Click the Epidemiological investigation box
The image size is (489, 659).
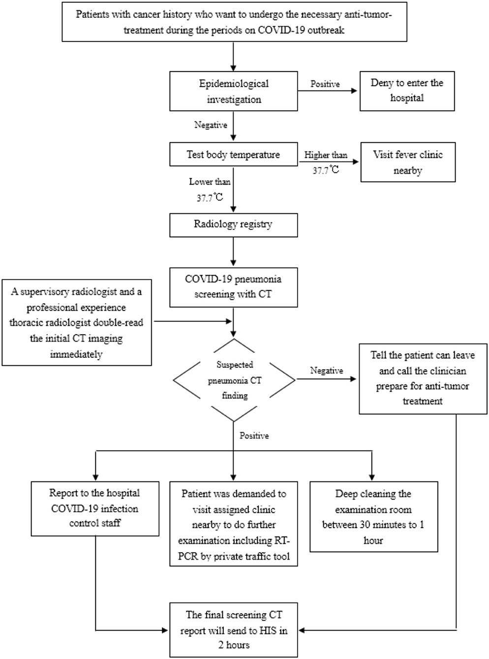(x=234, y=91)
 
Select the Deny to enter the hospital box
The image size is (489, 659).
(x=407, y=91)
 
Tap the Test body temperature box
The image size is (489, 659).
(x=234, y=155)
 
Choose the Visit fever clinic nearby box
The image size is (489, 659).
(x=408, y=162)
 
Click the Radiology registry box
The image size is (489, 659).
(x=234, y=224)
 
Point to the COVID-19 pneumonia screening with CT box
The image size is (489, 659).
(x=234, y=287)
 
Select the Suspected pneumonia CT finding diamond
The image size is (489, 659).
(x=234, y=380)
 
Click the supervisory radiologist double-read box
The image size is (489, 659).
(x=76, y=323)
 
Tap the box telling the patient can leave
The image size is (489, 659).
(x=423, y=378)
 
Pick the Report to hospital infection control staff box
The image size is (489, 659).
(x=94, y=508)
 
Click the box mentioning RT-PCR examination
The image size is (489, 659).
(x=234, y=525)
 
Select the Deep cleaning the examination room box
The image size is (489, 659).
(x=373, y=517)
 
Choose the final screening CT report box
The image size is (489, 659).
(x=234, y=630)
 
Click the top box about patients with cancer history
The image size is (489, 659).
(x=234, y=22)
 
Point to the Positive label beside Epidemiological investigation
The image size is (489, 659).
(x=325, y=84)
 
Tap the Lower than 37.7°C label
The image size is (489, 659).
(x=210, y=189)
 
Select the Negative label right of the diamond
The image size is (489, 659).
(x=327, y=371)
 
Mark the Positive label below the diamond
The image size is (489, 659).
(x=254, y=436)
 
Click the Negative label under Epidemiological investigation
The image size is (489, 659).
(x=211, y=125)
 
